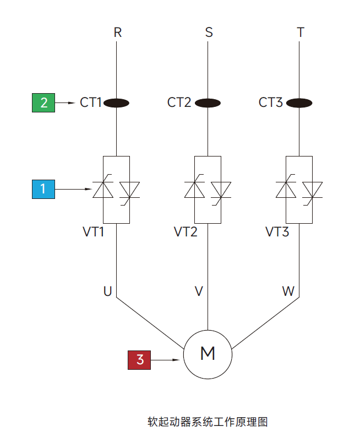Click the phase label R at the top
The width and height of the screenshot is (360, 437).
click(x=117, y=33)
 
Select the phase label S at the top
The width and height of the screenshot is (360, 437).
click(x=209, y=33)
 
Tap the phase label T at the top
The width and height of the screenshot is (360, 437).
click(x=300, y=33)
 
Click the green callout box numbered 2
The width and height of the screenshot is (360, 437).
click(x=43, y=102)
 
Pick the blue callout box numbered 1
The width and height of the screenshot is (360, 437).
click(x=43, y=189)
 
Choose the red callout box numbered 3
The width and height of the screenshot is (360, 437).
click(x=140, y=360)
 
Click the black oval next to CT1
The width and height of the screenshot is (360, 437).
click(x=117, y=102)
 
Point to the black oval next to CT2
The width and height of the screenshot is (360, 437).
click(x=208, y=102)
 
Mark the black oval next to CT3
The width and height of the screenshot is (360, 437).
click(x=299, y=102)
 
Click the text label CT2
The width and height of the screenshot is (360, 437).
click(x=179, y=102)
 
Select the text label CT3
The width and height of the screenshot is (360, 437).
click(x=271, y=102)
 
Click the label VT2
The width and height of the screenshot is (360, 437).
click(x=186, y=232)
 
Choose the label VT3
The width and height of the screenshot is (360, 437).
click(x=277, y=232)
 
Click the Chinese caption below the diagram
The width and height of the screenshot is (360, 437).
click(x=208, y=422)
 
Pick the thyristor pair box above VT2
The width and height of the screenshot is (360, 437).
click(x=208, y=190)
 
